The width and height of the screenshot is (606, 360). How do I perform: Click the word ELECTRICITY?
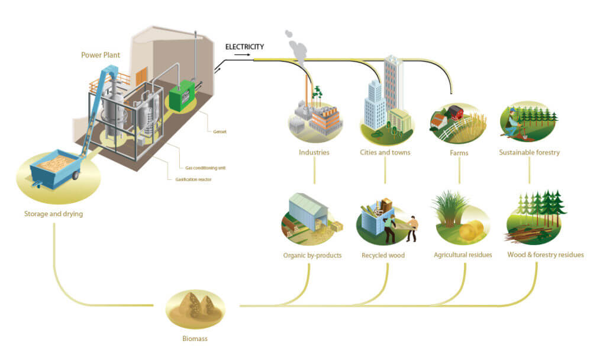(244, 46)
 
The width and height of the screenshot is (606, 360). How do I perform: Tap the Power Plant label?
(101, 55)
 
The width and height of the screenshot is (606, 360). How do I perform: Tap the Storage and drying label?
(54, 214)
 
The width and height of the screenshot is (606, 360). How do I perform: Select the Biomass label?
(195, 339)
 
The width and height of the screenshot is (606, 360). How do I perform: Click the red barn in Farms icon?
(454, 113)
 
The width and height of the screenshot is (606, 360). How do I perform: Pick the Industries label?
(314, 152)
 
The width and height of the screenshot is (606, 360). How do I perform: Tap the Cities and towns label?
(386, 152)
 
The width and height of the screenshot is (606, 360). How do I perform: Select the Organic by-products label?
(312, 256)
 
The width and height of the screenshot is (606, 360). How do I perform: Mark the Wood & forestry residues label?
(545, 255)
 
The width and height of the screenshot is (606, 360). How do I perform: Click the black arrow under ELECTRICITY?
(242, 54)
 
